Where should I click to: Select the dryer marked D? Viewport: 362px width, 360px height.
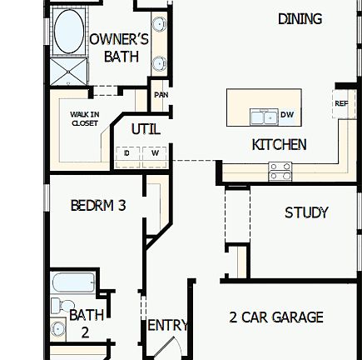pyautogui.click(x=127, y=153)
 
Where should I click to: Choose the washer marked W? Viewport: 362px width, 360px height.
pyautogui.click(x=155, y=153)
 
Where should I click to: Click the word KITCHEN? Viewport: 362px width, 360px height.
pyautogui.click(x=279, y=144)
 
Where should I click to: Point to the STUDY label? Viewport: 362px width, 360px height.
pyautogui.click(x=306, y=212)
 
